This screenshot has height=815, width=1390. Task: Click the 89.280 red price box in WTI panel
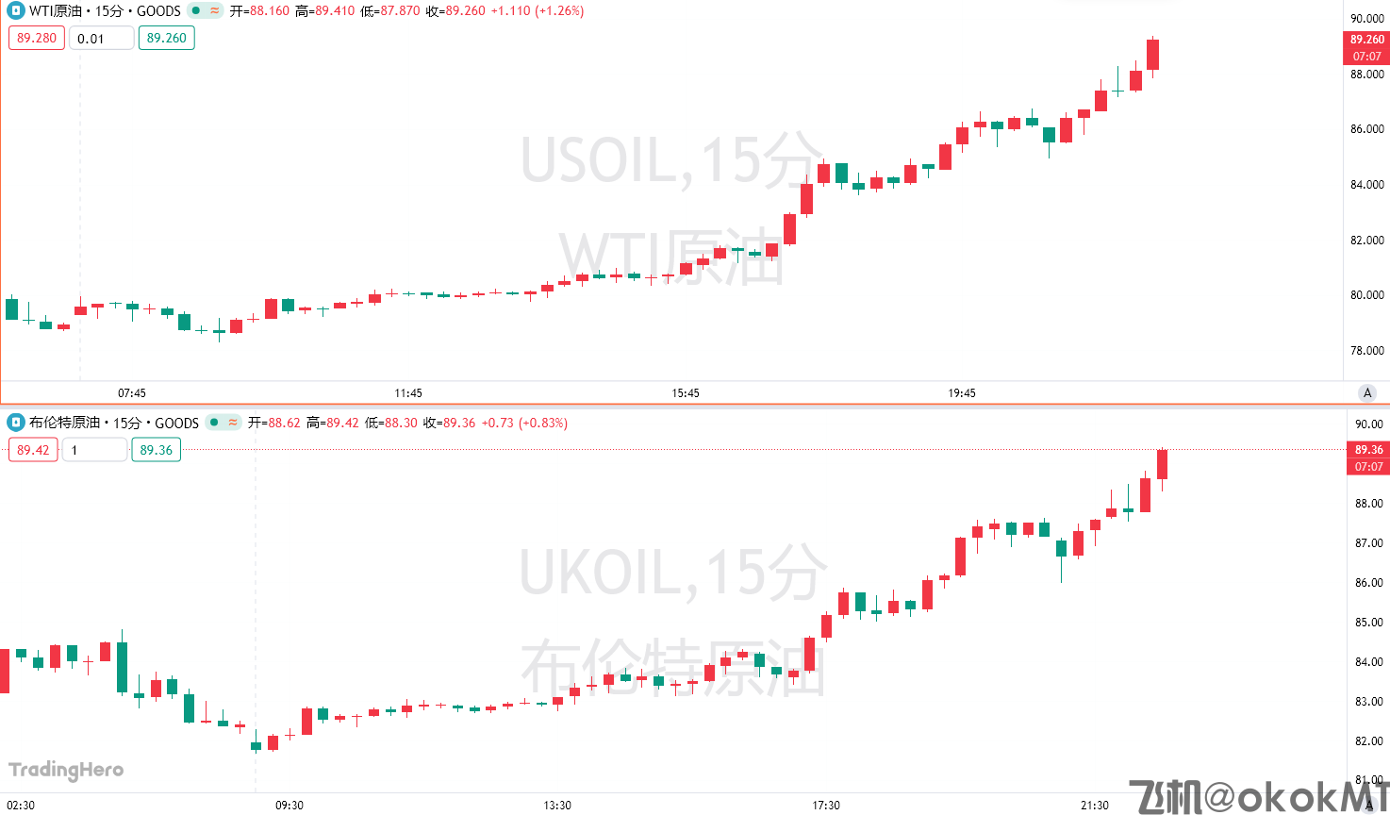[x=37, y=38]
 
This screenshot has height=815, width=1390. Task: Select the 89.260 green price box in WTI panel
[x=166, y=38]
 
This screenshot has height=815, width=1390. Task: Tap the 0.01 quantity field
[x=101, y=39]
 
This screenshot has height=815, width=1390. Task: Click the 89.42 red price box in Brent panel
[x=33, y=450]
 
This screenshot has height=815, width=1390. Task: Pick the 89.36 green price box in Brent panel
[x=156, y=450]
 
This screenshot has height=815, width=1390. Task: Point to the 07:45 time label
[x=132, y=393]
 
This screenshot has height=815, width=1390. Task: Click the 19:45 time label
[x=962, y=393]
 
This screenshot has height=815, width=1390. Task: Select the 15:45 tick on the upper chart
[x=686, y=393]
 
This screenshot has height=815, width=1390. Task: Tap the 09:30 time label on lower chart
[x=290, y=805]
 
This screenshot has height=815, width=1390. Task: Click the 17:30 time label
[x=826, y=805]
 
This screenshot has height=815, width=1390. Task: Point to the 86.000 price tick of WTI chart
[x=1366, y=129]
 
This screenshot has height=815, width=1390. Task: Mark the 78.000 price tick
[x=1366, y=351]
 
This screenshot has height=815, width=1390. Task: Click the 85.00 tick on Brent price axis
[x=1368, y=623]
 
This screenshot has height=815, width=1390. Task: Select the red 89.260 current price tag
[x=1366, y=40]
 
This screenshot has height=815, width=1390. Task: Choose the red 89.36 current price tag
[x=1368, y=450]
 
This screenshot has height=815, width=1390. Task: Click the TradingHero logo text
[x=66, y=770]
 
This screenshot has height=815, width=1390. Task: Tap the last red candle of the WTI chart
[x=1152, y=54]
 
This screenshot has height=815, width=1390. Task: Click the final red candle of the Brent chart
[x=1162, y=464]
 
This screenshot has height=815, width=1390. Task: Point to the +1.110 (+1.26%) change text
[x=537, y=11]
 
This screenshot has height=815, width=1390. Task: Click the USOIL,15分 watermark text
[x=671, y=160]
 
